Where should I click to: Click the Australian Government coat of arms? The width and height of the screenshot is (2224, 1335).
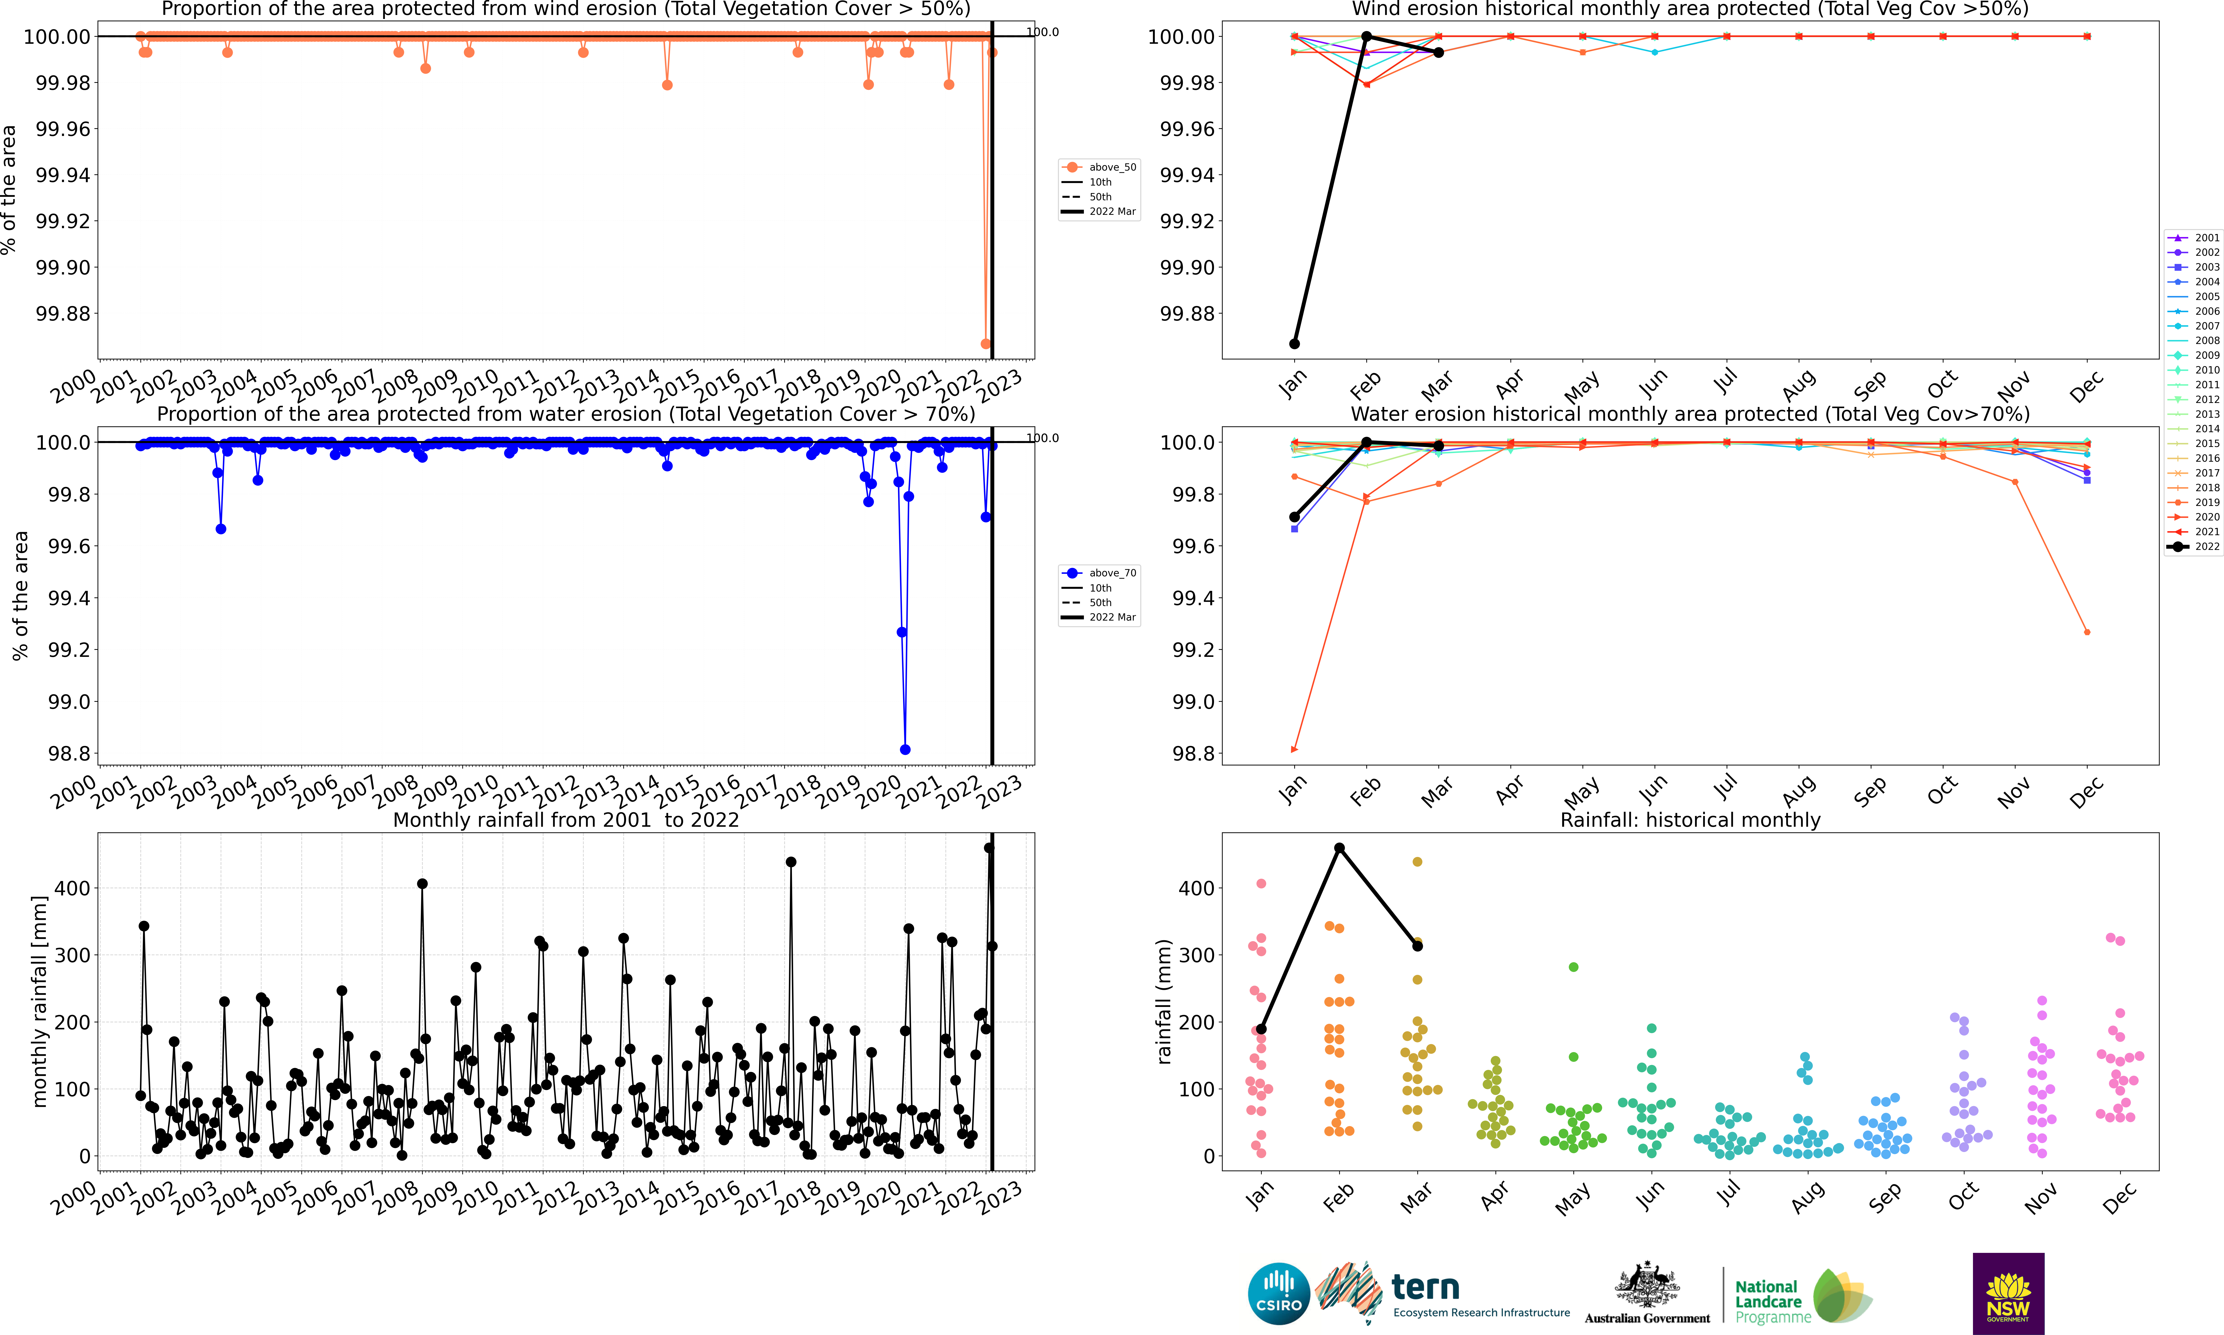pyautogui.click(x=1647, y=1285)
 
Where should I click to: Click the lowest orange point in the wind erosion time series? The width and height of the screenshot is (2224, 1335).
pyautogui.click(x=986, y=344)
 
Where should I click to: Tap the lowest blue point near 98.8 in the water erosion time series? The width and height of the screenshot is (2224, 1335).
pyautogui.click(x=905, y=749)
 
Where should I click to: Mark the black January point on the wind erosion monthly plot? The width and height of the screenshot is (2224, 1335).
pyautogui.click(x=1294, y=344)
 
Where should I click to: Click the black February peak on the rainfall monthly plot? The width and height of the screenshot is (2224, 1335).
pyautogui.click(x=1339, y=847)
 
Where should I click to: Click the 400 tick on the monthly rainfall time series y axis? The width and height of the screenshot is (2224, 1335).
pyautogui.click(x=72, y=888)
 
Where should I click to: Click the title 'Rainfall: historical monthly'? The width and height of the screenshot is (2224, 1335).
pyautogui.click(x=1690, y=819)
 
